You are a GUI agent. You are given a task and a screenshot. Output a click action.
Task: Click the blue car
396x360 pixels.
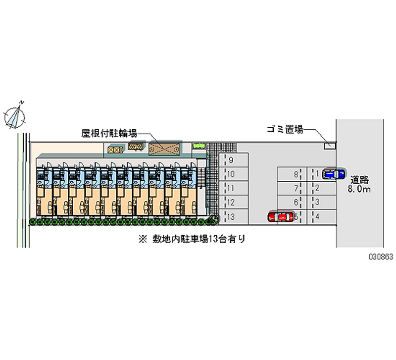click(x=334, y=174)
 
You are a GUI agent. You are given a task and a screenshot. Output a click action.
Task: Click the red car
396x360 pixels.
click(x=280, y=217)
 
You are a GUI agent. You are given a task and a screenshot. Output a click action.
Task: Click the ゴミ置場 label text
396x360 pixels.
click(x=284, y=130)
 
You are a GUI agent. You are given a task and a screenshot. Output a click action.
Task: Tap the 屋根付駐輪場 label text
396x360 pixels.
click(x=109, y=133)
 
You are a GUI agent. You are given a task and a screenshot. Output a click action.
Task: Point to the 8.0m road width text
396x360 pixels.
click(x=360, y=189)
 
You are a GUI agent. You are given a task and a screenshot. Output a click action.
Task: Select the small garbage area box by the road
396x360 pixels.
click(x=328, y=145)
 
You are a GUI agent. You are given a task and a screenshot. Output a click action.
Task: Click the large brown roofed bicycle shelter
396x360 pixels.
click(x=164, y=148)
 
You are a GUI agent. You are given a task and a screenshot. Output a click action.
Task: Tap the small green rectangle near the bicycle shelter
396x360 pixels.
click(x=198, y=145)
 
